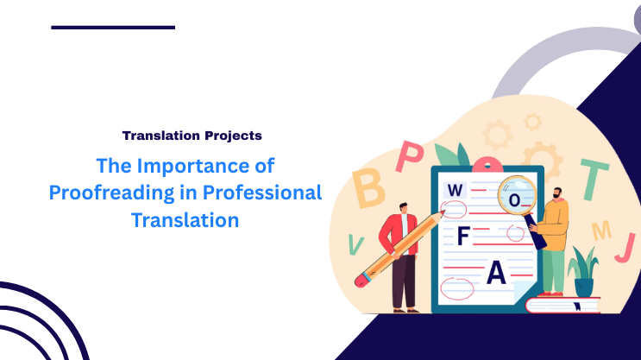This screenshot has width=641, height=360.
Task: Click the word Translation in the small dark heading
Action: (161, 136)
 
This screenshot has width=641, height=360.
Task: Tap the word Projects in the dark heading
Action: (233, 136)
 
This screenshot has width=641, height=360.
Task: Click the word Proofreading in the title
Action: (104, 192)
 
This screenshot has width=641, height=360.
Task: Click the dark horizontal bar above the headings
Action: (113, 28)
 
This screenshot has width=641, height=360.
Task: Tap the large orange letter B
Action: (369, 187)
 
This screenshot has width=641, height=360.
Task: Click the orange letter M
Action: (601, 230)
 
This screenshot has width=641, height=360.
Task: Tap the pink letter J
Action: (623, 248)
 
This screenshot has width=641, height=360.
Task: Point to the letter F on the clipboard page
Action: (463, 237)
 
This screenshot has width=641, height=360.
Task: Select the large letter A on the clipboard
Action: (495, 274)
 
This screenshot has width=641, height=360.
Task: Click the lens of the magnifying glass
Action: (517, 196)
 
